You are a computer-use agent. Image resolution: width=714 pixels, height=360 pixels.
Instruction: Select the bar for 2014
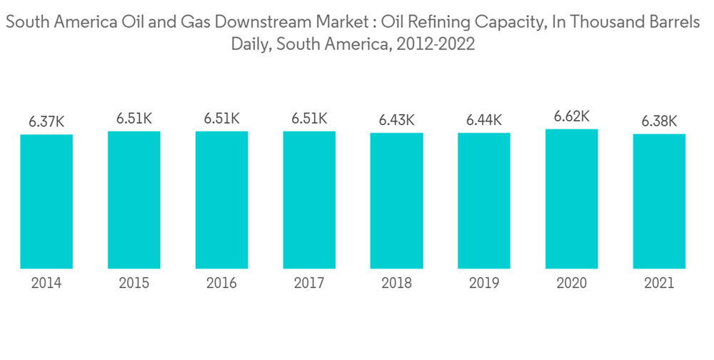pyautogui.click(x=46, y=201)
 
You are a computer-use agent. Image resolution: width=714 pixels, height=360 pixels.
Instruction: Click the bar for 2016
pyautogui.click(x=221, y=200)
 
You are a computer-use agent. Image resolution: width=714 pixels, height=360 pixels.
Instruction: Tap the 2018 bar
pyautogui.click(x=396, y=201)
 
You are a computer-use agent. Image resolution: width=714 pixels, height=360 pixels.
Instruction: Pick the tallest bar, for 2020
pyautogui.click(x=571, y=199)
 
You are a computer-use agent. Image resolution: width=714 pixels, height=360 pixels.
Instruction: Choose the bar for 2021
pyautogui.click(x=659, y=201)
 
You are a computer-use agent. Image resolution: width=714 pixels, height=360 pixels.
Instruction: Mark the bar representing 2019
pyautogui.click(x=484, y=201)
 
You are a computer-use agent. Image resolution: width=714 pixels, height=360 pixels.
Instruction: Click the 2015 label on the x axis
pyautogui.click(x=134, y=284)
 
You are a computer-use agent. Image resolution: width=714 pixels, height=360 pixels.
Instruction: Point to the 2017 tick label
pyautogui.click(x=309, y=284)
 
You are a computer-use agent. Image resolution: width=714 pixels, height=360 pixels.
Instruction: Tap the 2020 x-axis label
pyautogui.click(x=571, y=284)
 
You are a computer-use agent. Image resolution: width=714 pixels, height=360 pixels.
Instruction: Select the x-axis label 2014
pyautogui.click(x=46, y=284)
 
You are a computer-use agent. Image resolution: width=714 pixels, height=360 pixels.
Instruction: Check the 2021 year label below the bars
pyautogui.click(x=659, y=284)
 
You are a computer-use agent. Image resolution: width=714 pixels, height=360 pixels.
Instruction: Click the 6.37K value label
pyautogui.click(x=46, y=122)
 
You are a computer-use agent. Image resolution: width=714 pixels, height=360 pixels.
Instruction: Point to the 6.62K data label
pyautogui.click(x=571, y=116)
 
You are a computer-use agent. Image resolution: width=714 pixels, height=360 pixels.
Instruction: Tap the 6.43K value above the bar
pyautogui.click(x=396, y=120)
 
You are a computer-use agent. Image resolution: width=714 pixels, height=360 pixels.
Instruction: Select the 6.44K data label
pyautogui.click(x=484, y=120)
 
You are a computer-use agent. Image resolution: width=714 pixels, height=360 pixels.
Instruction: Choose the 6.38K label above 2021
pyautogui.click(x=659, y=121)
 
